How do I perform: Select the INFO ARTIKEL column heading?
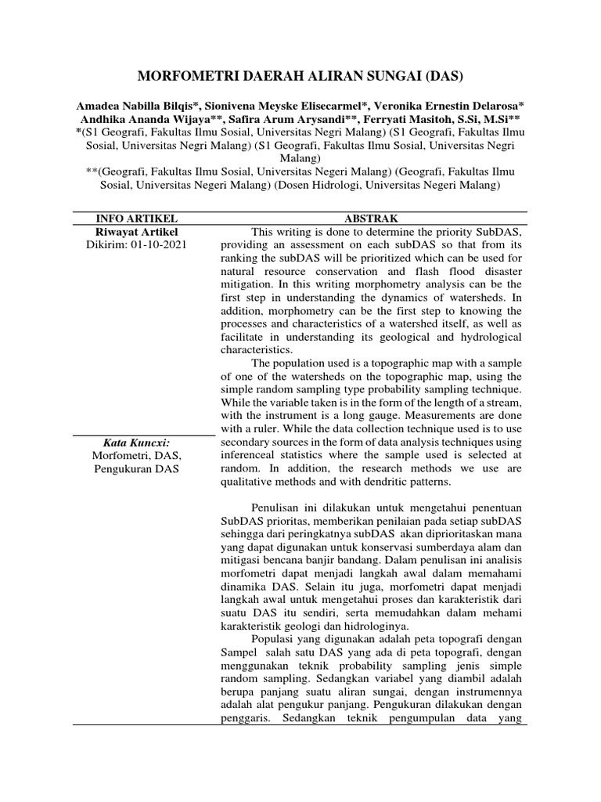tap(136, 218)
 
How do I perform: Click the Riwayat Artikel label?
tap(136, 232)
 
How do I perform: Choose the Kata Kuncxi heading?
tap(136, 443)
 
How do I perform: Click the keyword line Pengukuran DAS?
tap(136, 469)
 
